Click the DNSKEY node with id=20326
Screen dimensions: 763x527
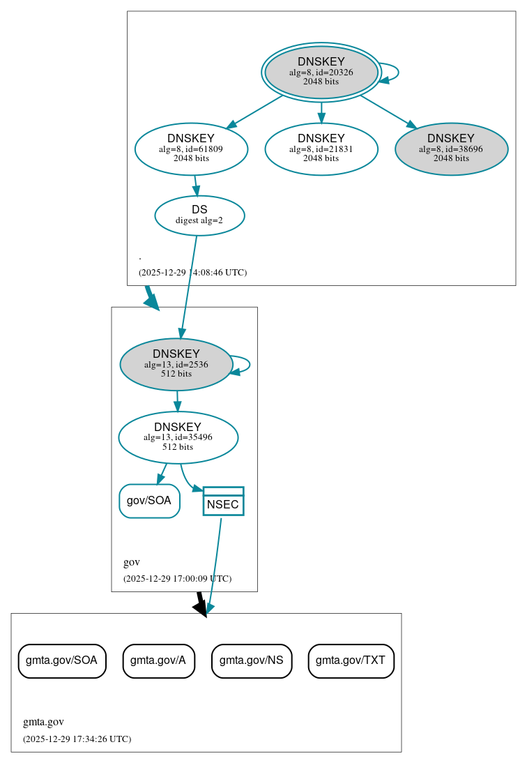pos(321,72)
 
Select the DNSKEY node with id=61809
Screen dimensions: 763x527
pos(191,149)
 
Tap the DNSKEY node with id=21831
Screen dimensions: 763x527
pos(321,149)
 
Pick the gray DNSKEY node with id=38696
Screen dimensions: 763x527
pos(451,149)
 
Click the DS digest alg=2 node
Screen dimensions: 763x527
pos(199,215)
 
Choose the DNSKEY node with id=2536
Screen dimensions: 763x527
pos(176,364)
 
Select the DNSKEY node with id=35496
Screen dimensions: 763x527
pos(178,437)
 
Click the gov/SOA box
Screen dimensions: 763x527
pos(149,501)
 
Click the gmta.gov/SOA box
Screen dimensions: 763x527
pos(61,660)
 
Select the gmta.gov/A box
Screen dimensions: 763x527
pos(158,660)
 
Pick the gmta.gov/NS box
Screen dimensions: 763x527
pos(251,660)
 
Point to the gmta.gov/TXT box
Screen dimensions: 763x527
pos(351,660)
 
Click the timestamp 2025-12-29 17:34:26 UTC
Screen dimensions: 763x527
pos(77,739)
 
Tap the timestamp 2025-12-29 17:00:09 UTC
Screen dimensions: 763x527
pos(177,578)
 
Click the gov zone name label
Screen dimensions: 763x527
pos(132,562)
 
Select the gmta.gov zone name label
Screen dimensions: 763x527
pos(43,722)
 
